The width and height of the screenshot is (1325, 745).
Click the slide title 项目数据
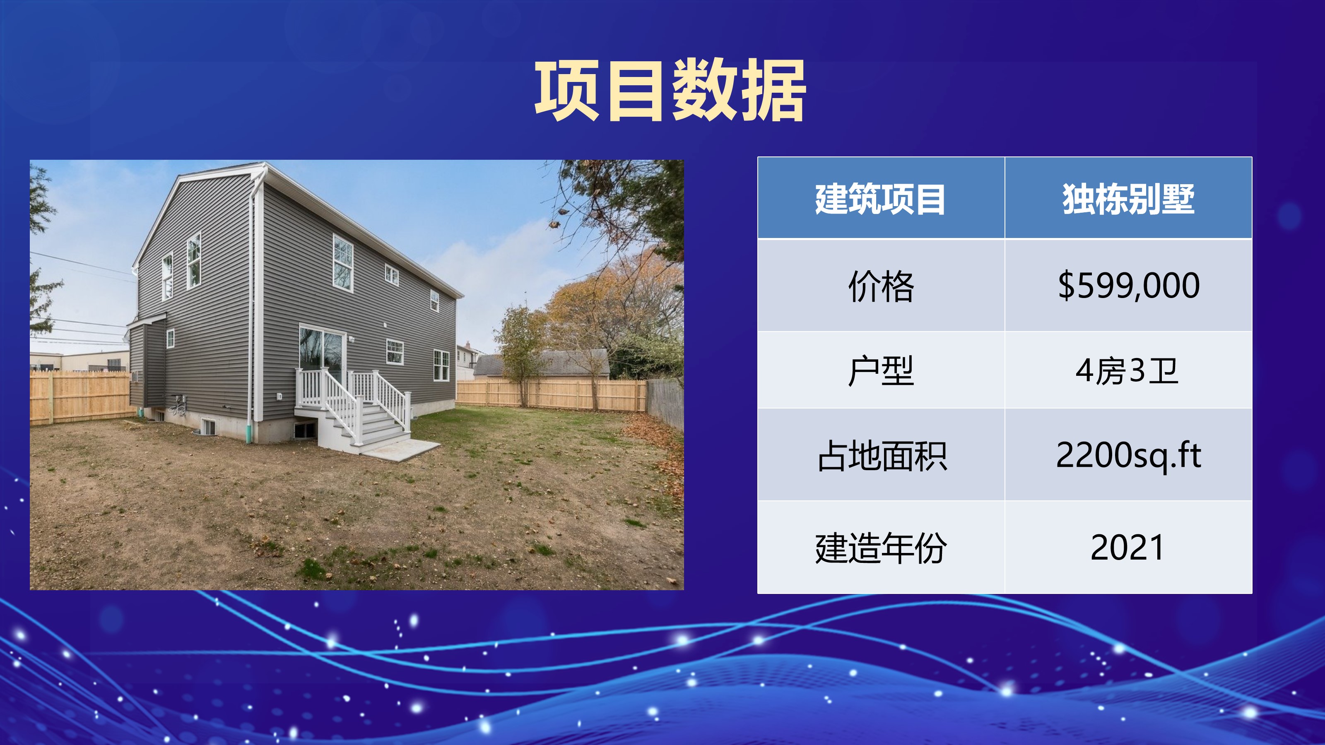[x=670, y=91]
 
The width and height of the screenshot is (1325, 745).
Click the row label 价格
[x=881, y=286]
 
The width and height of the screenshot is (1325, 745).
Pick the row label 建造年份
[x=881, y=548]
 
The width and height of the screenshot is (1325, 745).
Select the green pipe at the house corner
[x=249, y=433]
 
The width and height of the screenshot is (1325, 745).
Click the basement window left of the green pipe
[x=208, y=427]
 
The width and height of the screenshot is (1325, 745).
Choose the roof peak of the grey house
[x=265, y=165]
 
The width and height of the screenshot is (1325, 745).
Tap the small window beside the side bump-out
[x=170, y=339]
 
